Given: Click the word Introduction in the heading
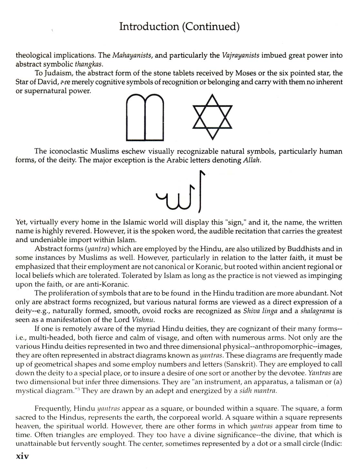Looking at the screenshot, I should click(x=148, y=26).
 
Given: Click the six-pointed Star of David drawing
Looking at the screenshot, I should click(x=212, y=116).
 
